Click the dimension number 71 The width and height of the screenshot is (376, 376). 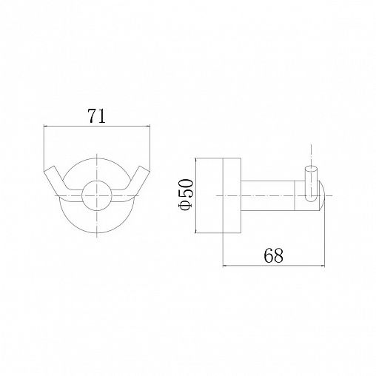pyautogui.click(x=96, y=115)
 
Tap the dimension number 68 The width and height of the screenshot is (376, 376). pyautogui.click(x=274, y=255)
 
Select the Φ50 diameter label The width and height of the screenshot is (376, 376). pyautogui.click(x=187, y=195)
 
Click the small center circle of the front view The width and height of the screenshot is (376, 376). pyautogui.click(x=97, y=195)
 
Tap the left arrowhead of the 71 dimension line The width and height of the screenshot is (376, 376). pyautogui.click(x=46, y=127)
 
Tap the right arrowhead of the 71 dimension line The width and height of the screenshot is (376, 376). pyautogui.click(x=148, y=127)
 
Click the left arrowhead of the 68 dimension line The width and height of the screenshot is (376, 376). pyautogui.click(x=225, y=266)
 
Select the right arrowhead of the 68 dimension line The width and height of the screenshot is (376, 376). pyautogui.click(x=322, y=266)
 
